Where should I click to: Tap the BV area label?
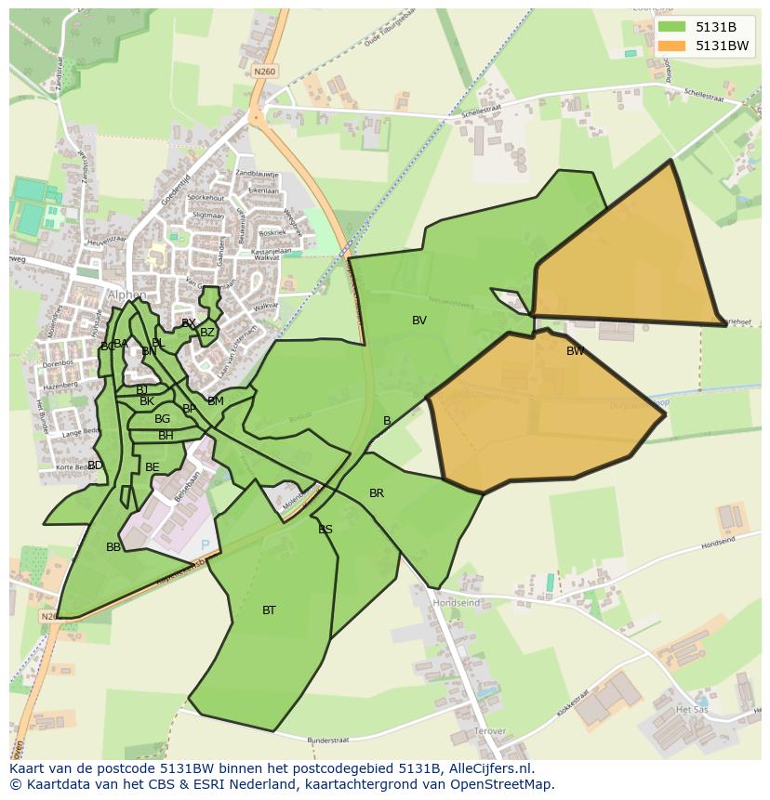pos(419,321)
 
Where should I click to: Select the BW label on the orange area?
pos(576,351)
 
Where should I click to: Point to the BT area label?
pos(269,610)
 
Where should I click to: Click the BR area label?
pos(377,493)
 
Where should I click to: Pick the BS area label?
pos(325,530)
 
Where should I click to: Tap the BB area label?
pos(113,547)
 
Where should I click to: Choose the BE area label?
pos(153,467)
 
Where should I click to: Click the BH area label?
pos(166,436)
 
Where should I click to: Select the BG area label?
pos(163,419)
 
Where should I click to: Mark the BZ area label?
pos(207,333)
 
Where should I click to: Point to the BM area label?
pos(216,401)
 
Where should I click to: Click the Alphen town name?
pos(126,295)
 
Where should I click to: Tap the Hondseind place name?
pos(457,603)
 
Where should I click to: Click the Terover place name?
pos(490,732)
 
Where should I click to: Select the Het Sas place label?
pos(692,709)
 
